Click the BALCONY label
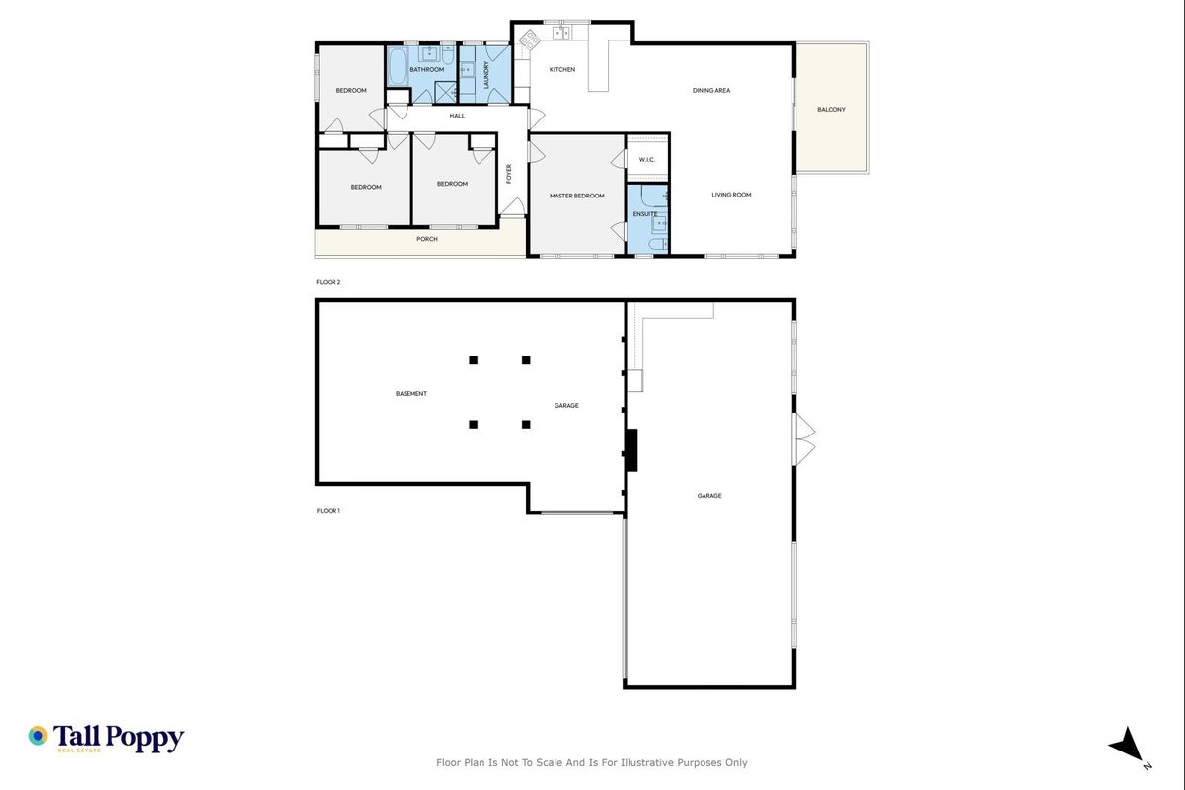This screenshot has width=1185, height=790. point(831,109)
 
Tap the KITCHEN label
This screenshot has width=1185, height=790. point(561,69)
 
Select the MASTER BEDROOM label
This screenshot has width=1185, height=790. point(576,196)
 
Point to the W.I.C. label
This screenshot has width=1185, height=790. point(647,159)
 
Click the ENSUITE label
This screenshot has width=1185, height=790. point(645,214)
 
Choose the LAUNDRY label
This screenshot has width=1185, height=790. point(486,75)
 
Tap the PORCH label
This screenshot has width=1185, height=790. point(427,239)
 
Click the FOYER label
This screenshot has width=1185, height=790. point(509,174)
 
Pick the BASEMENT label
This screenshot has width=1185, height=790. point(411,393)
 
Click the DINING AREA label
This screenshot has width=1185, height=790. point(711,90)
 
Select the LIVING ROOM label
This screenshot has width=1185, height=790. point(731,195)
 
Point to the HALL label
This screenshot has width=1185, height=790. point(457,116)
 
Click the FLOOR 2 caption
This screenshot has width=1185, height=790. point(328,282)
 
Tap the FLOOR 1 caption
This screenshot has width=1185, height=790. point(328,510)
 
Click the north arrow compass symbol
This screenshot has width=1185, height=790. point(1128,745)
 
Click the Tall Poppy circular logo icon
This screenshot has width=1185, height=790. point(38,736)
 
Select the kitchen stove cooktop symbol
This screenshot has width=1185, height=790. point(529,39)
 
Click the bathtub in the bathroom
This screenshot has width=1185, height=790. point(398,66)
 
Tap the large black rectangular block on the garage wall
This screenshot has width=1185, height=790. point(631,450)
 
